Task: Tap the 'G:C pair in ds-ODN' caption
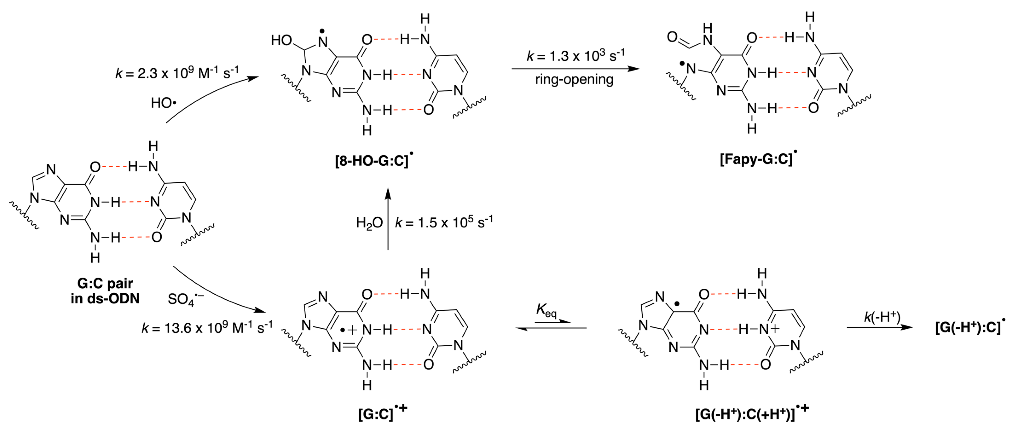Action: (105, 291)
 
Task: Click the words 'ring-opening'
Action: (574, 80)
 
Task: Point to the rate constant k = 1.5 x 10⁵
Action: (444, 222)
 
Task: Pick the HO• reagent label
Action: (163, 103)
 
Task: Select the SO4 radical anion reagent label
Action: (185, 299)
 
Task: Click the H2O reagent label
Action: (369, 223)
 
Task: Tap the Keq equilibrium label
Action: (546, 311)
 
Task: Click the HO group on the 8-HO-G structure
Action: (282, 40)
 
